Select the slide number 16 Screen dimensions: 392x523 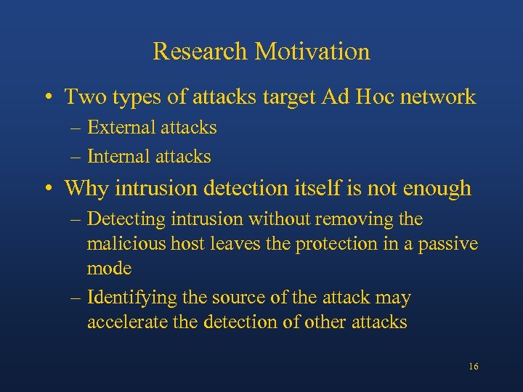[473, 367]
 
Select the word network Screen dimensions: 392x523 [442, 96]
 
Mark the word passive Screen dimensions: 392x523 [449, 244]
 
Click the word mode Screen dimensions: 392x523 [109, 269]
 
